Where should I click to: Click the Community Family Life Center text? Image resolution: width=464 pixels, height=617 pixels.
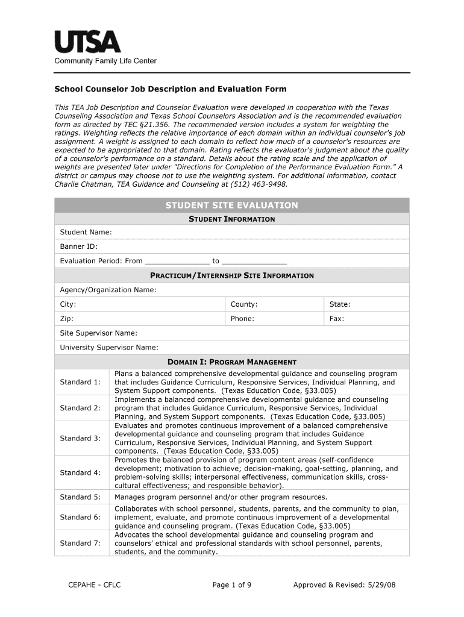point(105,61)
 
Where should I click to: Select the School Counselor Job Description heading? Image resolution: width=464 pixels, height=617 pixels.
point(171,89)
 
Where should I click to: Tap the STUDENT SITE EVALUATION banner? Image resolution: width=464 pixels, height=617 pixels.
point(231,205)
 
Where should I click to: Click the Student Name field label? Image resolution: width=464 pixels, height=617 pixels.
point(86,232)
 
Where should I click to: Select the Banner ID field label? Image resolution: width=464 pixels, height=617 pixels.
point(78,246)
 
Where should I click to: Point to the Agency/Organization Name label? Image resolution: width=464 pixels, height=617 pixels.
point(108,290)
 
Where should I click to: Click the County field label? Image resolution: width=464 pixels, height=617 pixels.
point(243,304)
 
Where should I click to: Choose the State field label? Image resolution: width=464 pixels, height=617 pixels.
point(339,304)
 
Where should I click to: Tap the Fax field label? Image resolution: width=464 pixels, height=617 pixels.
point(336,319)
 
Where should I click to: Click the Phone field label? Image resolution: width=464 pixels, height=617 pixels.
point(242,319)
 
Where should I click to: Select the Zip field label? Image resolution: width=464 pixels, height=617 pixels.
point(66,319)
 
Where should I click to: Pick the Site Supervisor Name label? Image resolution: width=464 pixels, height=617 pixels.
point(98,333)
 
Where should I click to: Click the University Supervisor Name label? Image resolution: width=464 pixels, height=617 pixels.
point(109,347)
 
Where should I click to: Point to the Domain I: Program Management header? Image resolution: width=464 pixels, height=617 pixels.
point(231,362)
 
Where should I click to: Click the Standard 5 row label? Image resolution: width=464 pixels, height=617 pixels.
point(80,497)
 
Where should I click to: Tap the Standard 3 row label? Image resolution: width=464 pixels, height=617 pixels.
point(80,438)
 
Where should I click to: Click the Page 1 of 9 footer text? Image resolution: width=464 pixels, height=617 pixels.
point(232,584)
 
